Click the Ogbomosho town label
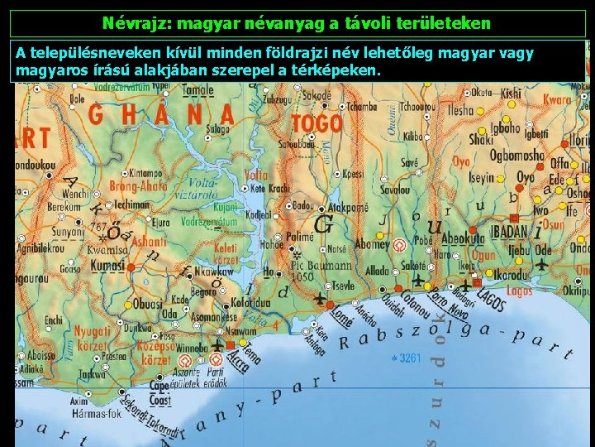click(517, 156)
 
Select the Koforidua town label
click(250, 303)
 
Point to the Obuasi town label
click(149, 304)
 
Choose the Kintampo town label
click(145, 174)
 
